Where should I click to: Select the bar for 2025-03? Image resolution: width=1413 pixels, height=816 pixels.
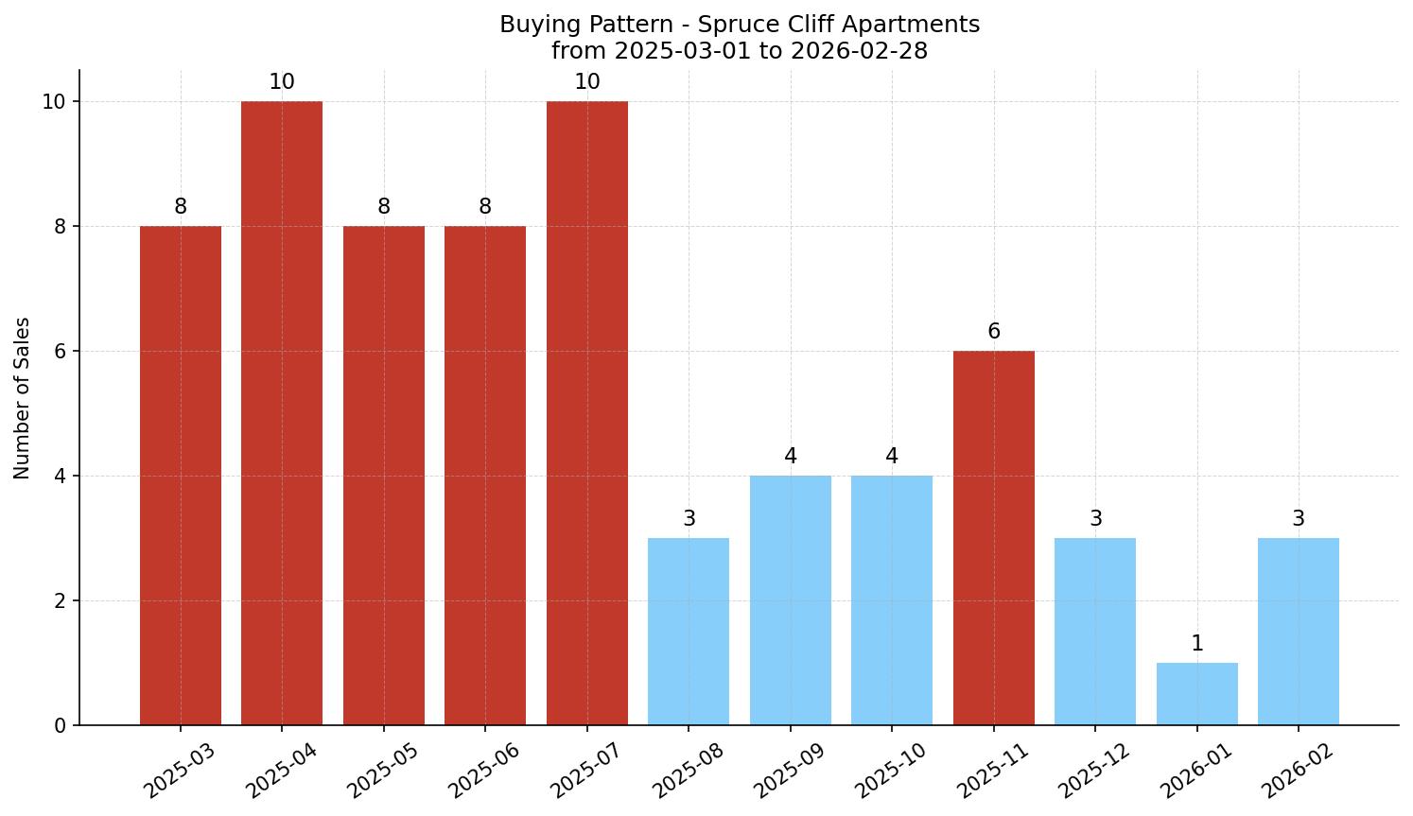tap(180, 476)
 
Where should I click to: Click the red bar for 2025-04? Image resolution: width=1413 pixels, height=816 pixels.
tap(282, 413)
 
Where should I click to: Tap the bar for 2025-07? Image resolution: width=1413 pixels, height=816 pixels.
tap(586, 413)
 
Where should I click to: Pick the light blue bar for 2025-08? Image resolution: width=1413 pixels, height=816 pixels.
tap(689, 632)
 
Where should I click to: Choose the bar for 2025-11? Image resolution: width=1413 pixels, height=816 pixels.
tap(993, 538)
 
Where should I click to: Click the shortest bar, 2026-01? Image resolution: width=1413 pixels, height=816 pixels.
tap(1196, 694)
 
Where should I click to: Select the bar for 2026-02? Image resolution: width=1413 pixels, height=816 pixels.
tap(1298, 632)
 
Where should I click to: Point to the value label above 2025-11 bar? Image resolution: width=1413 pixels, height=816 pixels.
tap(993, 332)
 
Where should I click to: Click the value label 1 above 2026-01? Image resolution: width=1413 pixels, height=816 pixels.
tap(1196, 644)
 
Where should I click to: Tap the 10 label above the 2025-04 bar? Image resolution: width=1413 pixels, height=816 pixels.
tap(282, 82)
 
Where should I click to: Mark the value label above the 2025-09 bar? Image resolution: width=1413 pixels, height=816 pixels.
tap(790, 457)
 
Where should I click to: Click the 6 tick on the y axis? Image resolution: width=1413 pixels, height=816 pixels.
tap(60, 351)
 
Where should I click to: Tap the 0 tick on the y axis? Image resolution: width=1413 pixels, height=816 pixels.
tap(60, 725)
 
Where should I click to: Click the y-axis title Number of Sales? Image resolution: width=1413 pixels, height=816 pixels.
tap(23, 398)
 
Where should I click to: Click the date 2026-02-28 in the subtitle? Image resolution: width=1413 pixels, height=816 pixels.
tap(859, 51)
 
